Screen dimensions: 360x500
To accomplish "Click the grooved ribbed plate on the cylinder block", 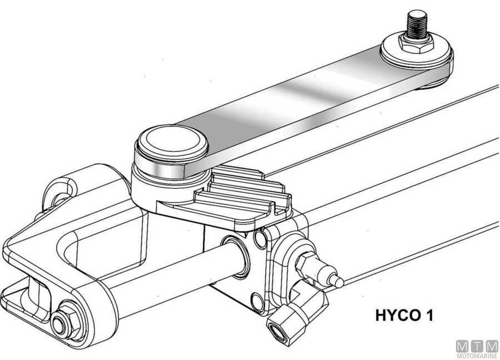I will [x=244, y=194].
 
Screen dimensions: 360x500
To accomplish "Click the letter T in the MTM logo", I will [x=476, y=345].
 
